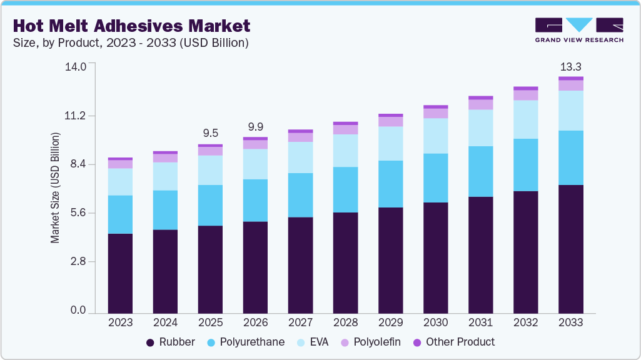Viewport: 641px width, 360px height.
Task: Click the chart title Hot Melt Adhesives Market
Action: [x=131, y=26]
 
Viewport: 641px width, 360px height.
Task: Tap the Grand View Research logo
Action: [x=579, y=29]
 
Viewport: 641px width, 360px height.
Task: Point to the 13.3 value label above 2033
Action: [x=570, y=67]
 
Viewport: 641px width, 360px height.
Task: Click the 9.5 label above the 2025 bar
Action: [x=210, y=133]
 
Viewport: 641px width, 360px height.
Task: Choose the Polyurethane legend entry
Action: [x=248, y=342]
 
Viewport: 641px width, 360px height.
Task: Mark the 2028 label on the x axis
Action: [x=345, y=322]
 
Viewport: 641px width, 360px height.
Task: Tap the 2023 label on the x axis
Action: [x=120, y=322]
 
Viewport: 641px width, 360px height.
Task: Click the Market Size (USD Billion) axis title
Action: [x=55, y=188]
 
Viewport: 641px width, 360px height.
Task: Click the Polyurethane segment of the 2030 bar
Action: [x=435, y=177]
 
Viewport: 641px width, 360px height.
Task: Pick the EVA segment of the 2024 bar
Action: [x=165, y=176]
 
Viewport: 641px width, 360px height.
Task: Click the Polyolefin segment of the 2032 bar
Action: [x=525, y=96]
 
